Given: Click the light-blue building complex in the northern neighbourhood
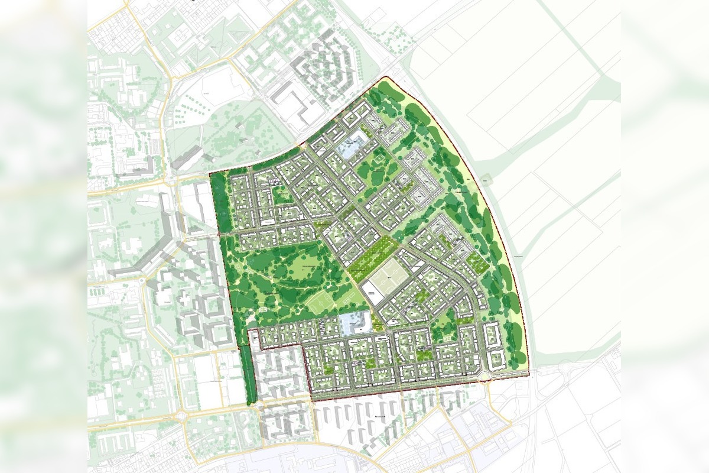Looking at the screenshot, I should click(x=353, y=145).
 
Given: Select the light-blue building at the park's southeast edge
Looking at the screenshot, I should click(x=355, y=323).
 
